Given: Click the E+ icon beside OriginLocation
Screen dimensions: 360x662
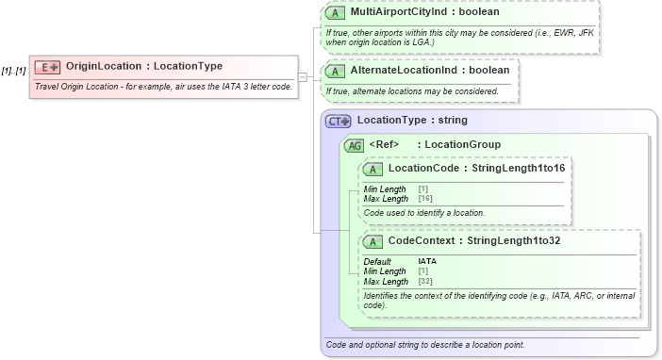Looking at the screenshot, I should pyautogui.click(x=47, y=67).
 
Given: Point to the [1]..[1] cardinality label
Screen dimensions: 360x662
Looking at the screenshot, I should pyautogui.click(x=13, y=71).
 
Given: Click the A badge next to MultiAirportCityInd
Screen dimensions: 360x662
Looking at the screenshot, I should pyautogui.click(x=335, y=14).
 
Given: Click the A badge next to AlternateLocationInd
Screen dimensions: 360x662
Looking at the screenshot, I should pyautogui.click(x=335, y=71).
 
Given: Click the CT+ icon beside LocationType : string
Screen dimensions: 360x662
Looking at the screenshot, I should pyautogui.click(x=338, y=121).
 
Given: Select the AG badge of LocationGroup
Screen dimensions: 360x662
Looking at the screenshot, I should pyautogui.click(x=355, y=145).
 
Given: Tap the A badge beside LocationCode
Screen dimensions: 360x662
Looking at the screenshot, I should pyautogui.click(x=373, y=169).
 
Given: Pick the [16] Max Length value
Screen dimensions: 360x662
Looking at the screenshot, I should pyautogui.click(x=424, y=199).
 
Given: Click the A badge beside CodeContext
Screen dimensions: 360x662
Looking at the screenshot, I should pyautogui.click(x=373, y=241).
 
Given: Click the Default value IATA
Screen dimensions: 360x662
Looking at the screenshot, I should pyautogui.click(x=427, y=261).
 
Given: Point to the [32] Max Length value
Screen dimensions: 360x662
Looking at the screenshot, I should pyautogui.click(x=424, y=281).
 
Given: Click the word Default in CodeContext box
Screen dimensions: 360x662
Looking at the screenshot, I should pyautogui.click(x=378, y=261).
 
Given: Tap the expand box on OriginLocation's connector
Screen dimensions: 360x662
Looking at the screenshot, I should pyautogui.click(x=302, y=76).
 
